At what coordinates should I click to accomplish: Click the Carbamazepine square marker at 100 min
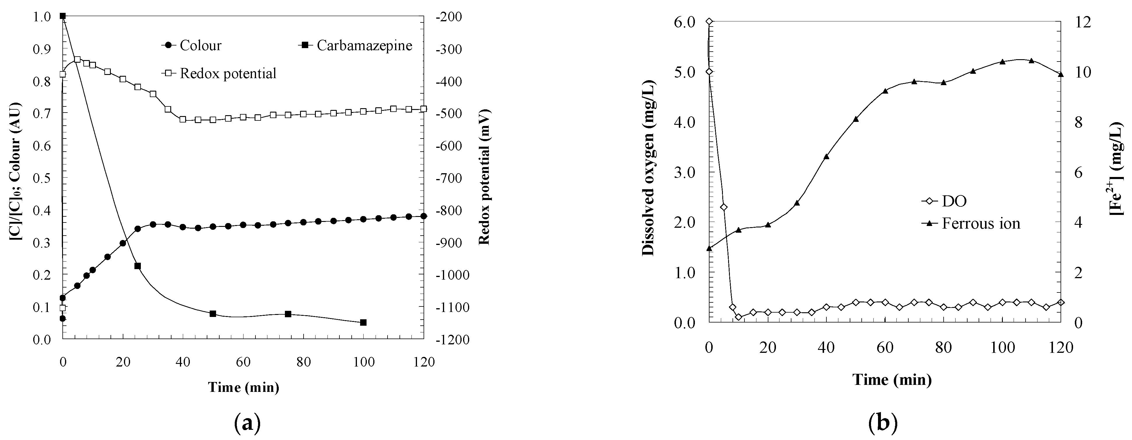[363, 322]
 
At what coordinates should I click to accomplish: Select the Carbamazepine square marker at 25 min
[138, 266]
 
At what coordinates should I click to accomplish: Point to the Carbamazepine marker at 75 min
[288, 314]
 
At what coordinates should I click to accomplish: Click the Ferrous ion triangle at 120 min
[1061, 74]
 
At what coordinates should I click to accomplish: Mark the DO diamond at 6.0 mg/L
[709, 22]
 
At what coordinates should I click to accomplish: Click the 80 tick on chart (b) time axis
[944, 348]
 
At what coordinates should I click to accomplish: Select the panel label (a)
[248, 424]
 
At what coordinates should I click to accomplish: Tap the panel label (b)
[883, 424]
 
